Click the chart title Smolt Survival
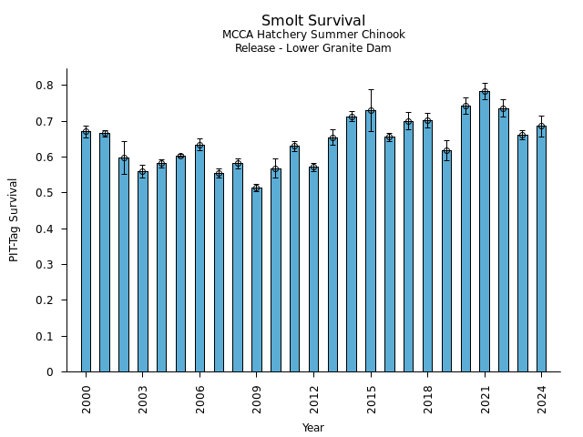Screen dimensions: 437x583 click(313, 21)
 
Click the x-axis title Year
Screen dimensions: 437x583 click(313, 428)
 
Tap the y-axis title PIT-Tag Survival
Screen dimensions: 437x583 click(14, 219)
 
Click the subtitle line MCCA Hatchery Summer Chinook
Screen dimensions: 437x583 click(313, 35)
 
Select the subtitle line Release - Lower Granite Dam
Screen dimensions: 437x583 click(313, 48)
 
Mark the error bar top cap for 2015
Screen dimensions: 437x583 click(371, 89)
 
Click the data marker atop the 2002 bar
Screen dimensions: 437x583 click(124, 158)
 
